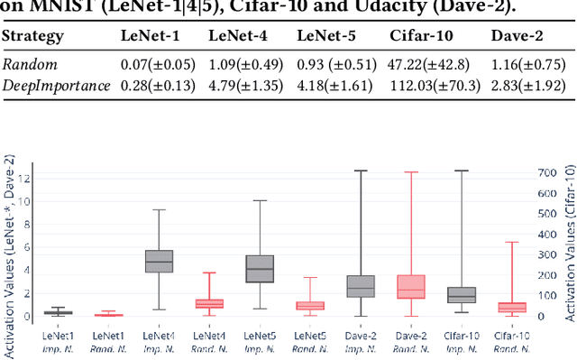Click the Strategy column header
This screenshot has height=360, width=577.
pos(32,37)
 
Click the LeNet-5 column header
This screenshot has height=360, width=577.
pos(325,37)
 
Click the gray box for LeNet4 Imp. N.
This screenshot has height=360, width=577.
pos(159,261)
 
